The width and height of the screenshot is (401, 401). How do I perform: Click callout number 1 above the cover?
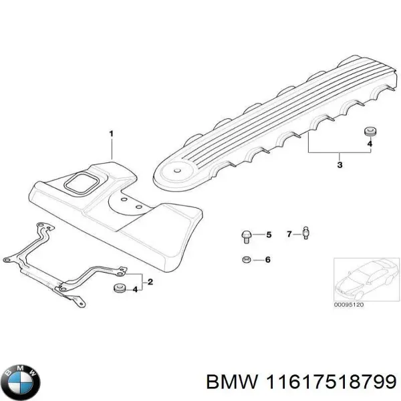pos(111,134)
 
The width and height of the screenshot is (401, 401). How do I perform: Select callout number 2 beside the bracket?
pos(150,282)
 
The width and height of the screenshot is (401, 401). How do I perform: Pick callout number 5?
pos(269,235)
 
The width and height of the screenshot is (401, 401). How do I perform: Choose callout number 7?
pos(289,234)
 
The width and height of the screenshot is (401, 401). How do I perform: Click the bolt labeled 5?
pos(246,235)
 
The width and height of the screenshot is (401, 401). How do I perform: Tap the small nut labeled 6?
pos(246,259)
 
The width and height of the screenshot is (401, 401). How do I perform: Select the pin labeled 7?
pos(305,233)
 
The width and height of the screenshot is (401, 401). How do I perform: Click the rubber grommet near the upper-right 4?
pos(368,130)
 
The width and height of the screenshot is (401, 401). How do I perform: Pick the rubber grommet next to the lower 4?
pos(118,289)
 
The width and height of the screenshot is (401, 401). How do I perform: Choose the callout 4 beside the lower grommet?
pos(135,289)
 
